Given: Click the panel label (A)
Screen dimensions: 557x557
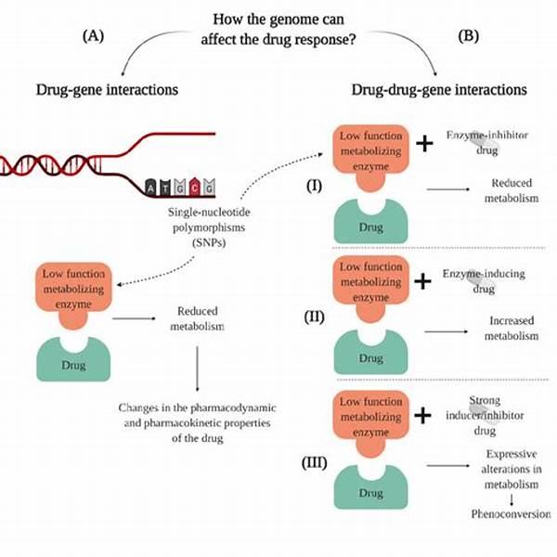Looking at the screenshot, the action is click(x=94, y=36).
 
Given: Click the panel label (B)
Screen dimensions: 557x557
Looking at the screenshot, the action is click(x=469, y=36).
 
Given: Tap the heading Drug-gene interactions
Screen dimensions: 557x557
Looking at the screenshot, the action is click(x=107, y=89).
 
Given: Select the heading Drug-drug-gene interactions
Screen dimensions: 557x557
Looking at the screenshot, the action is click(x=439, y=89).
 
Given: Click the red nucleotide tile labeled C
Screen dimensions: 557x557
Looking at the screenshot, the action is click(x=195, y=187).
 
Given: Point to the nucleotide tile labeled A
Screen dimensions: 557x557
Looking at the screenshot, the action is click(x=151, y=188).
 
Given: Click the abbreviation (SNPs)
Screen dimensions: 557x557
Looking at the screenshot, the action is click(x=209, y=243).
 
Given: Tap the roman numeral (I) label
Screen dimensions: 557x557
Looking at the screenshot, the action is click(x=315, y=186).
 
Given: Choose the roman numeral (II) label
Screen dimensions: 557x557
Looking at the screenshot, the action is click(x=315, y=317).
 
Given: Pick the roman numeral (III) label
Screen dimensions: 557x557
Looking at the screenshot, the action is click(x=315, y=463).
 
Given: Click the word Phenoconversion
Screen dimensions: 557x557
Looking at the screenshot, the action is click(x=512, y=513).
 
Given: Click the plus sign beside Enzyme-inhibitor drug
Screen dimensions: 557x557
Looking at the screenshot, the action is click(x=424, y=144).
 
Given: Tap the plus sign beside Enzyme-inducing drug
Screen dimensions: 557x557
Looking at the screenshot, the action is click(x=422, y=281).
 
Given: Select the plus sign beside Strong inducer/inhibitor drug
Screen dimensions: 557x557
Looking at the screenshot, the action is click(x=422, y=415).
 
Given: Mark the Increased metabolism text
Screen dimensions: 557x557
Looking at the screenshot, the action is click(x=512, y=329).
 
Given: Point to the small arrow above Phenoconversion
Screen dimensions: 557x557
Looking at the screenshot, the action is click(x=512, y=499).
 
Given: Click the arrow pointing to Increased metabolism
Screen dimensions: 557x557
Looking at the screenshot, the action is click(x=447, y=331).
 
